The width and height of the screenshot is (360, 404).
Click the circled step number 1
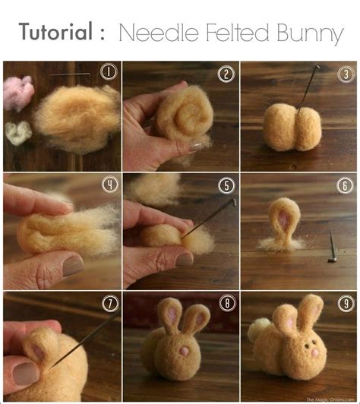tap(108, 73)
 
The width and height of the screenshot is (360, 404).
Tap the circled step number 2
tap(226, 74)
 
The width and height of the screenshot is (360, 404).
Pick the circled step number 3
tap(345, 74)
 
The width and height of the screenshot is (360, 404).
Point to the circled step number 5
tap(226, 185)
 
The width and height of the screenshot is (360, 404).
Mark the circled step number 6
tap(345, 185)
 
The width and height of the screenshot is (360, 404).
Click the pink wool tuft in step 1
tap(18, 92)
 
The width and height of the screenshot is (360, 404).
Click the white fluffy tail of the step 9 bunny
tap(259, 329)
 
